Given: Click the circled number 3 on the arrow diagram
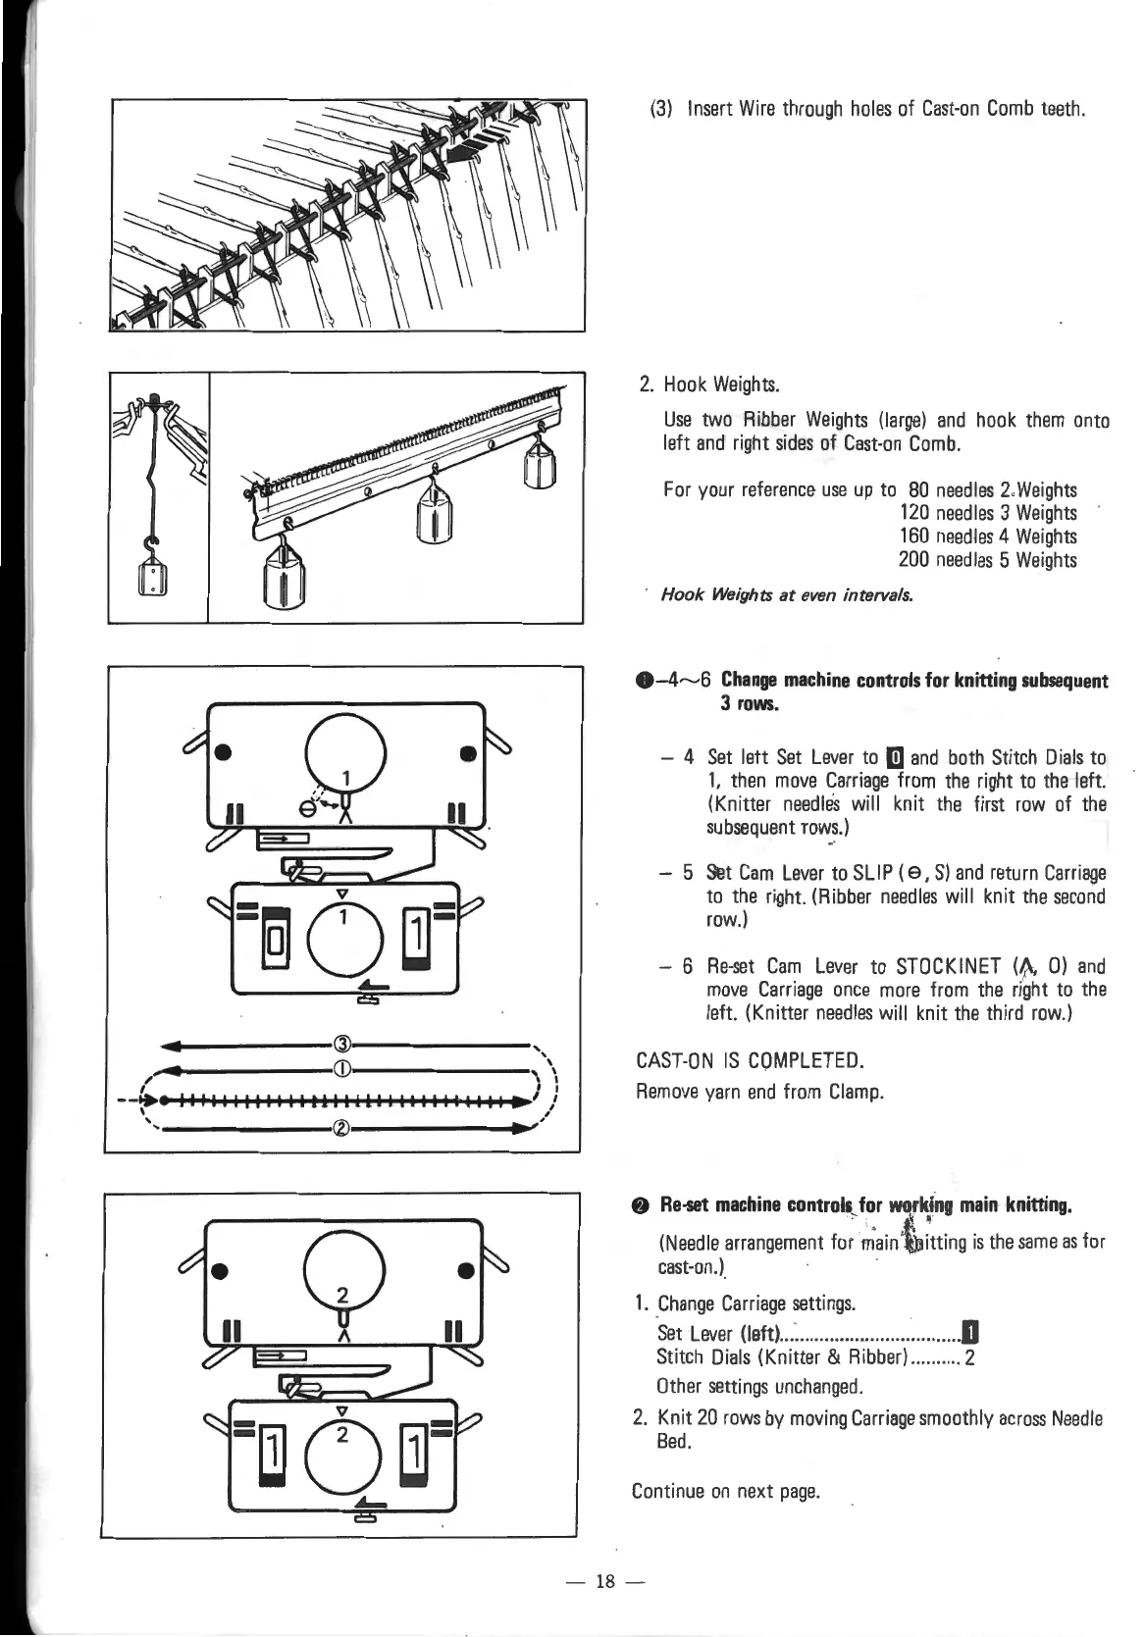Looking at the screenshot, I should click(342, 1042).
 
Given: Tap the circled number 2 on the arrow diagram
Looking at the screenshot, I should click(341, 1127).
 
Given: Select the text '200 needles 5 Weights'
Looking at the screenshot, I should click(987, 560).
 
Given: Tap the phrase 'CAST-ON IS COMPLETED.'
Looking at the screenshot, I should click(750, 1060).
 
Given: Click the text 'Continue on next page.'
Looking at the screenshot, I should click(725, 1492).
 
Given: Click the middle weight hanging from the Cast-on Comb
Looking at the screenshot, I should click(432, 514).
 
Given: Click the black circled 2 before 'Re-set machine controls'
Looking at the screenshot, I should click(642, 1204).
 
